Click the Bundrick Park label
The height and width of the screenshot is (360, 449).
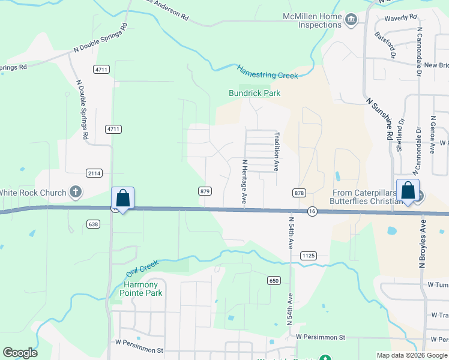click(x=255, y=93)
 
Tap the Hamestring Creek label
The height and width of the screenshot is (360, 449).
click(x=268, y=72)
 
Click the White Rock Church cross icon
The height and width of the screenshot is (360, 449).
click(x=75, y=192)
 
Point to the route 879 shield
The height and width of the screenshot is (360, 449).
click(x=205, y=191)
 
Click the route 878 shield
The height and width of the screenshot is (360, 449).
click(x=299, y=193)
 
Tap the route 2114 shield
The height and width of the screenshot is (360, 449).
click(x=94, y=173)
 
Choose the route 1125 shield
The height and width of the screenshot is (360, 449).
click(x=309, y=256)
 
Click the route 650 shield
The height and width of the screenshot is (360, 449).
click(x=274, y=280)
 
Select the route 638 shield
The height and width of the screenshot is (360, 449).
click(x=92, y=224)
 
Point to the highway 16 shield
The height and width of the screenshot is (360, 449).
click(x=312, y=211)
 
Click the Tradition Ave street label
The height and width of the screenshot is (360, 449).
click(x=277, y=151)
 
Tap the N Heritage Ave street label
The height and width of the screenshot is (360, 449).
click(x=245, y=181)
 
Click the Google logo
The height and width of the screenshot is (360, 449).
click(x=20, y=352)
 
